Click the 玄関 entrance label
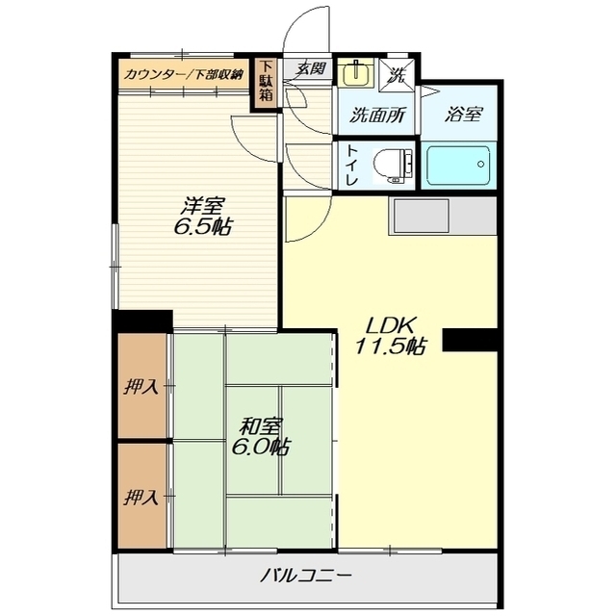pos(311,68)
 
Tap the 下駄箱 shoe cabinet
pos(266,84)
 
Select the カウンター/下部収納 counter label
pos(184,74)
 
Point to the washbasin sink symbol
pos(356,73)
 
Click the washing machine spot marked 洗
pos(397,75)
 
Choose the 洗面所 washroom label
pos(376,115)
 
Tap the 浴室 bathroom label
pos(464,114)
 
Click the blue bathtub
pos(458,166)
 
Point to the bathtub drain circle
pos(480,165)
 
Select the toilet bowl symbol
pos(393,166)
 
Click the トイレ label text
pos(351,166)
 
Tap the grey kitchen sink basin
pos(421,216)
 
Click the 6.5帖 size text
pos(203,227)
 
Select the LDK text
pos(391,325)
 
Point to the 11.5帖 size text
pos(391,346)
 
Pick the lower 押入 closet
pos(142,496)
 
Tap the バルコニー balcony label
pos(305,576)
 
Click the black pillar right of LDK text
pos(471,340)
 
